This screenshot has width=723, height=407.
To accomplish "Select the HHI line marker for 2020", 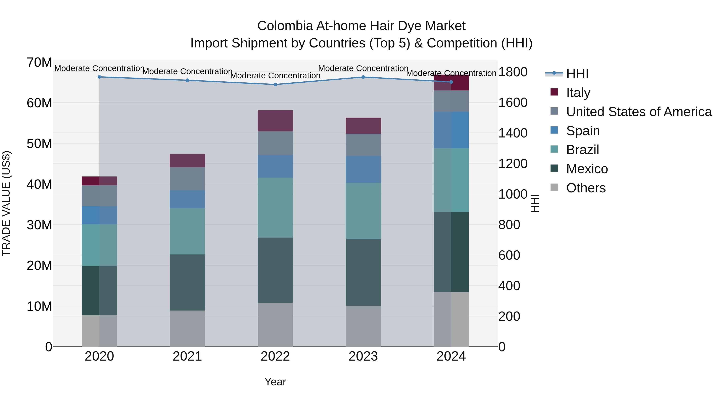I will click(99, 77).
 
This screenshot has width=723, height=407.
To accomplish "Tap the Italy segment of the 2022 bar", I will click(275, 121).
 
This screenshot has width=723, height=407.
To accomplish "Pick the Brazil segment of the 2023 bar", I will click(363, 211).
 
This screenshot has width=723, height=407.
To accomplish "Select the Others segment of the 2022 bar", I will click(275, 325).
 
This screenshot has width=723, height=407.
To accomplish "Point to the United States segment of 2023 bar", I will click(363, 145).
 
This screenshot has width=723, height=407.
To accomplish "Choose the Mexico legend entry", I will click(587, 169).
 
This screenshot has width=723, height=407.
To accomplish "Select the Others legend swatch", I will click(554, 187).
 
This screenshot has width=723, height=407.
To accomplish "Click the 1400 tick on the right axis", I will click(513, 133).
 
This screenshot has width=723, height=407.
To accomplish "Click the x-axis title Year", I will click(275, 382).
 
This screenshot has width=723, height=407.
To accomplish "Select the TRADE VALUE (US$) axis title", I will click(6, 203).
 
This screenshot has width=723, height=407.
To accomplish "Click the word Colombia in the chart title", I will click(285, 26).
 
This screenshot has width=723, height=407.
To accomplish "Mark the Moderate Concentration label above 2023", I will click(363, 68).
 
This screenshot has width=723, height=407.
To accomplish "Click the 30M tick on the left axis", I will click(39, 225).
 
